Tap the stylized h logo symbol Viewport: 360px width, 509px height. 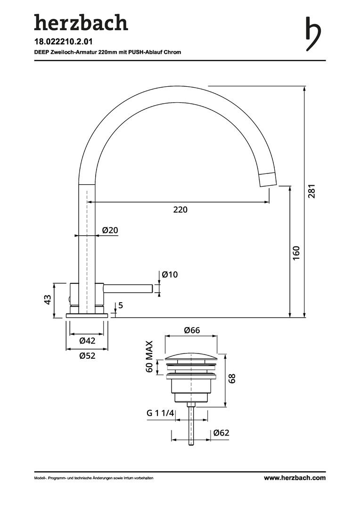[313, 33]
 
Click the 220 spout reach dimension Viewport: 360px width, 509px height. [180, 210]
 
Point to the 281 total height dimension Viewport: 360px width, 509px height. [311, 191]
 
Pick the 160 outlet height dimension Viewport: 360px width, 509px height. [296, 253]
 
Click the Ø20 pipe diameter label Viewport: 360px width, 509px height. [110, 230]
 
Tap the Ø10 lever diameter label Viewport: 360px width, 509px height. [170, 275]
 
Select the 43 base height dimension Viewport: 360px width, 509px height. [48, 299]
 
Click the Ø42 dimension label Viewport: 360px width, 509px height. [87, 341]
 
